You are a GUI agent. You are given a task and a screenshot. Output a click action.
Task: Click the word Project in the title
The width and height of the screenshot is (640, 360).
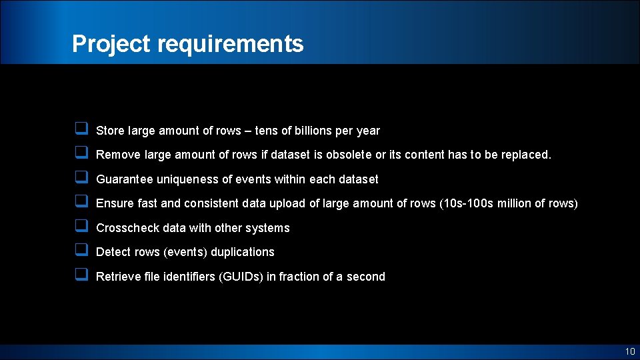point(112,44)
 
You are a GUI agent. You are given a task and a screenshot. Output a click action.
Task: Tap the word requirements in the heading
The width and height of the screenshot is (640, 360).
point(231,44)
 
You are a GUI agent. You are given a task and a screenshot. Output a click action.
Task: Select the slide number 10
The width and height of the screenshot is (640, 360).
point(629,351)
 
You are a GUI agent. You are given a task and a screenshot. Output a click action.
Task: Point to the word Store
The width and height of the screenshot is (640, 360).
point(111,131)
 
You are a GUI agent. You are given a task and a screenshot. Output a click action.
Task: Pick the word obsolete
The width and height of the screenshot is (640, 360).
point(349,155)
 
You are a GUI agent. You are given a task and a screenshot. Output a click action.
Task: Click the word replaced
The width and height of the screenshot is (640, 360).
point(524,155)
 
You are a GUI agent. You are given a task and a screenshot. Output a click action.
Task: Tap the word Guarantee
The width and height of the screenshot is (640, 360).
point(124,179)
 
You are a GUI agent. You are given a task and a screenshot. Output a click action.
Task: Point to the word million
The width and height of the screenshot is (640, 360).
point(524,203)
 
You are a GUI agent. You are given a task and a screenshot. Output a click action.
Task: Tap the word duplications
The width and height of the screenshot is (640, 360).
point(242,252)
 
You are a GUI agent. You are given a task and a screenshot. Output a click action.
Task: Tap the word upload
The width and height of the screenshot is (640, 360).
point(289,203)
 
